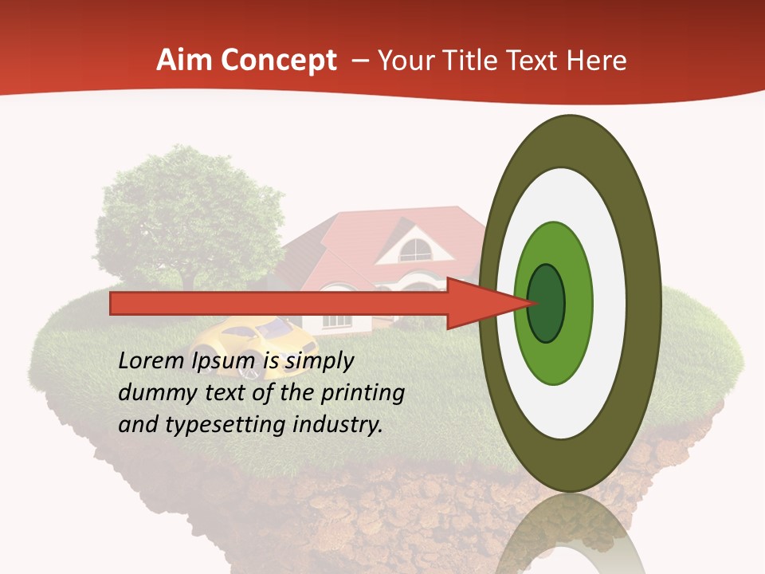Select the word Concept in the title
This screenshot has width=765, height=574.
[279, 61]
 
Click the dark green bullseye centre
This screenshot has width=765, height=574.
[546, 303]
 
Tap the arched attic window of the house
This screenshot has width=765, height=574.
[415, 250]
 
